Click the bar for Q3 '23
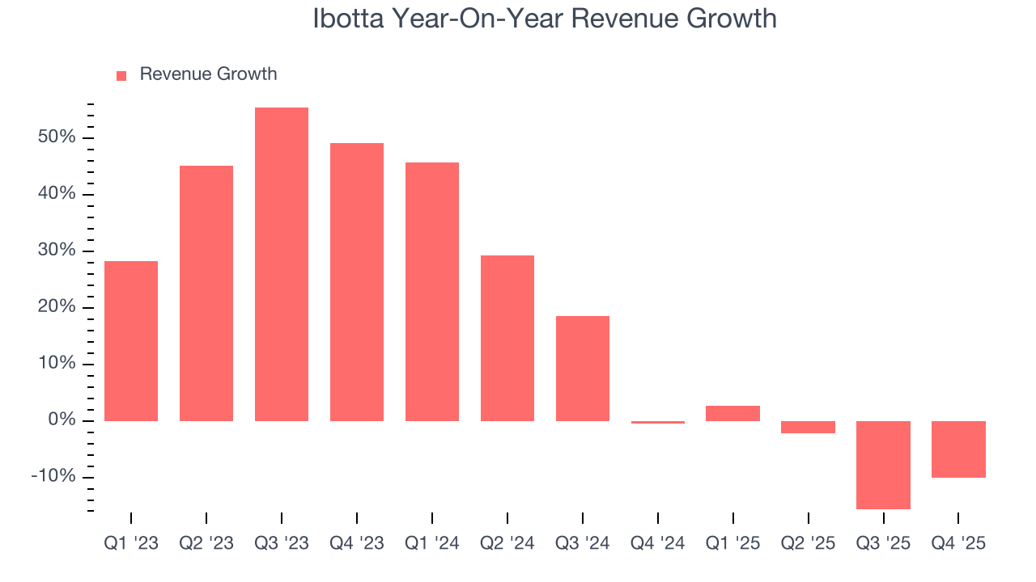(x=281, y=264)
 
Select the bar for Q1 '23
(x=131, y=340)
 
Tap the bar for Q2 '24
(x=507, y=338)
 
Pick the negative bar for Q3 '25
(x=883, y=465)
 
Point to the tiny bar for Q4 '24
(x=657, y=422)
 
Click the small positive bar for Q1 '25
(x=732, y=413)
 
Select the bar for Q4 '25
(x=958, y=449)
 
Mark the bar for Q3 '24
(x=582, y=368)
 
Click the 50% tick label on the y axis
(x=57, y=137)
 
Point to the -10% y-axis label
(x=53, y=477)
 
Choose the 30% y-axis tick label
(x=57, y=251)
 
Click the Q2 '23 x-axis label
(x=206, y=544)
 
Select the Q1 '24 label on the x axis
(x=431, y=544)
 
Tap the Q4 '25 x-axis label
(x=958, y=544)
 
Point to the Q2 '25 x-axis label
(x=808, y=544)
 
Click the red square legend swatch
(x=121, y=75)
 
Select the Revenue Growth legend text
(x=208, y=74)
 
